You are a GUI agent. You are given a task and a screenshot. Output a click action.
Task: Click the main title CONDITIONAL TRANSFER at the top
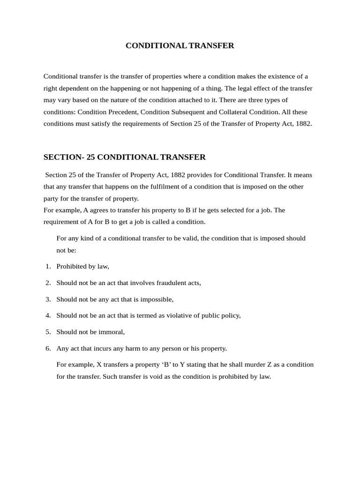click(180, 45)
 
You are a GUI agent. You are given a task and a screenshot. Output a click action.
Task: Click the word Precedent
click(123, 112)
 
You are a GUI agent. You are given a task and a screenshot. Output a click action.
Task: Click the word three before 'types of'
click(262, 100)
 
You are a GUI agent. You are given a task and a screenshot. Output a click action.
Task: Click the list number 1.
click(48, 266)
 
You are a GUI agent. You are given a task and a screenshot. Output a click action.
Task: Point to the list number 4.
click(48, 315)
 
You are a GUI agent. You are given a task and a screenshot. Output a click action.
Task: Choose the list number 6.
click(48, 348)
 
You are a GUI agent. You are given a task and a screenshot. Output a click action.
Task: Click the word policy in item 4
click(230, 315)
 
